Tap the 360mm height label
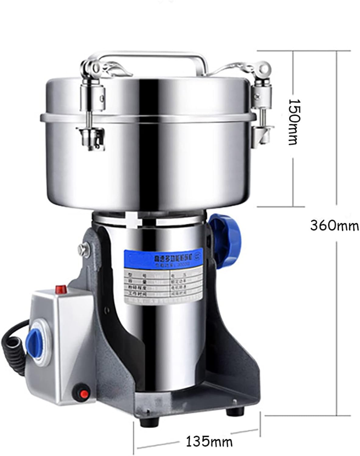click(x=334, y=226)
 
